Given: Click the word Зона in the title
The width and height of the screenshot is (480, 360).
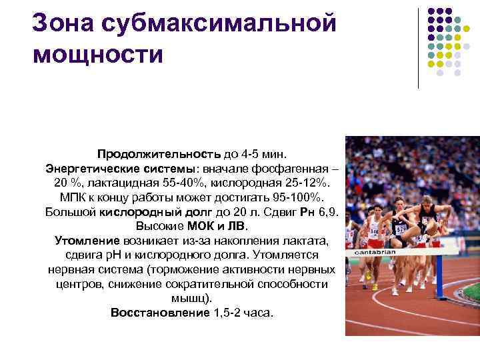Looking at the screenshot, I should (61, 21).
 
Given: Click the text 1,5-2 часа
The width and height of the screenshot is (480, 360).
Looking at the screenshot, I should (243, 313).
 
